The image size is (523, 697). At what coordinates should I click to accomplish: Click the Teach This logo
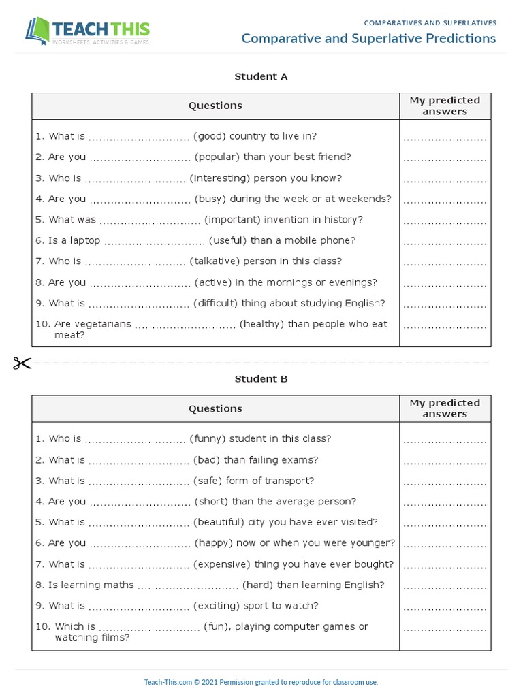point(87,31)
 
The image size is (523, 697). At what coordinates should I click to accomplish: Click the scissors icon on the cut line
point(22,363)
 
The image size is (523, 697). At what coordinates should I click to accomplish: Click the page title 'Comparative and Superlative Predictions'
point(368,39)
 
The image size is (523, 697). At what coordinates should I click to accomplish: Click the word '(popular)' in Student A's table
point(217,157)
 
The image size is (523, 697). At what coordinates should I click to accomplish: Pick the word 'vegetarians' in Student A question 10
point(102,324)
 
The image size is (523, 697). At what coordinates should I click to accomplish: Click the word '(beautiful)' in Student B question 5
point(219,523)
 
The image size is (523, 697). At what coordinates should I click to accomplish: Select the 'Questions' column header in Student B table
point(215,409)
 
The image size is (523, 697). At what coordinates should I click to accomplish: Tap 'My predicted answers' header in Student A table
point(445,106)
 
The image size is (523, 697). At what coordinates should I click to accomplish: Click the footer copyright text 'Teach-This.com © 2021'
point(180,682)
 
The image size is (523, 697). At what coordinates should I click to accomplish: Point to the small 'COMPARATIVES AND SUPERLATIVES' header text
point(430,23)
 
